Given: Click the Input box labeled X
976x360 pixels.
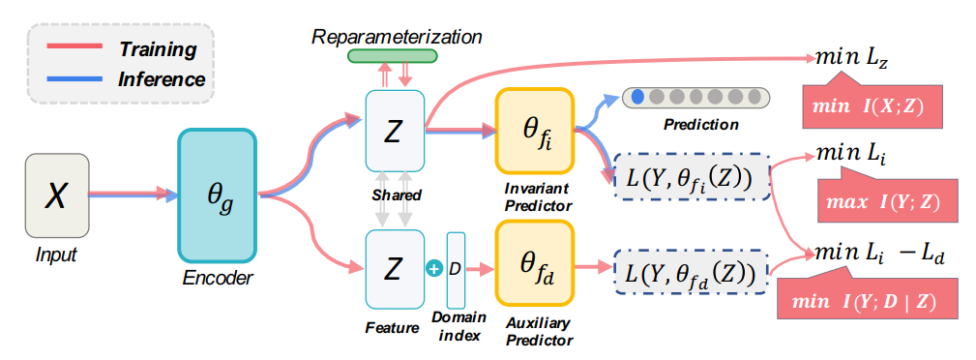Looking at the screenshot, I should [x=56, y=196].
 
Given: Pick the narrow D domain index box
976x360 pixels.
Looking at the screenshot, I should [x=456, y=268].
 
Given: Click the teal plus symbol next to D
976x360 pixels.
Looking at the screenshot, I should [x=434, y=269].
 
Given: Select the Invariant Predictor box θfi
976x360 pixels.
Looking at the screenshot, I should [x=535, y=130].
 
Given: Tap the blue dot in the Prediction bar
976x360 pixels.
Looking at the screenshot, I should [x=637, y=97].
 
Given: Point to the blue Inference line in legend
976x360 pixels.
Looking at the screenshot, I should [x=69, y=78].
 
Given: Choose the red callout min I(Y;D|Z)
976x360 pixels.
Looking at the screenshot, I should [x=871, y=303].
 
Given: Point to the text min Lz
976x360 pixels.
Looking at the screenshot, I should [x=852, y=59].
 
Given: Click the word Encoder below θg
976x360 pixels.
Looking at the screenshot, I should [x=218, y=278].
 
